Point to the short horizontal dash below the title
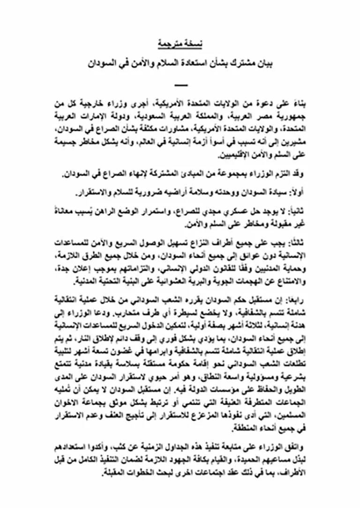pyautogui.click(x=180, y=85)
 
